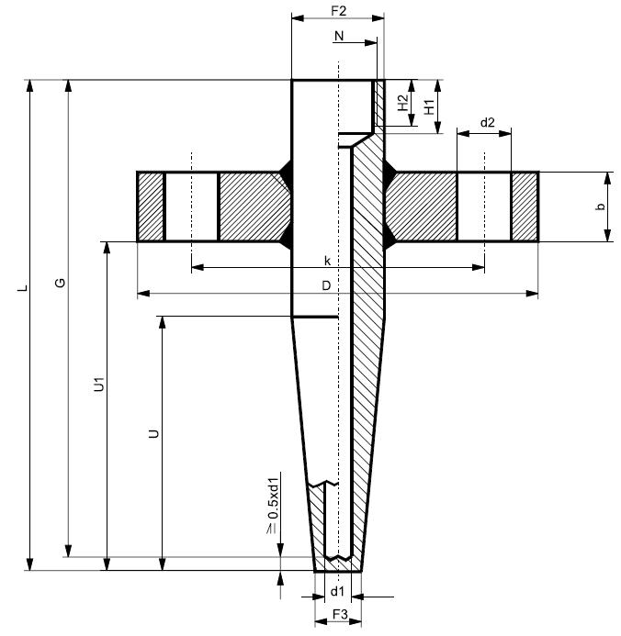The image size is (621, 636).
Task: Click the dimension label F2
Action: (337, 12)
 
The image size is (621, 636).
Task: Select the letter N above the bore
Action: (339, 36)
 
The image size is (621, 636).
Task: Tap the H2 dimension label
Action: (402, 104)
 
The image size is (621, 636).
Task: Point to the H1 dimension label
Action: (428, 104)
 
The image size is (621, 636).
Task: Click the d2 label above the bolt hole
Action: (487, 122)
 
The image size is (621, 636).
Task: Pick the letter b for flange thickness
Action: (600, 207)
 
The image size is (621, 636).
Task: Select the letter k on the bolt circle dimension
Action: (326, 262)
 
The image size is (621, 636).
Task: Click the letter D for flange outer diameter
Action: (326, 286)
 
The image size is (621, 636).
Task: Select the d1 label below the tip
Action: (337, 589)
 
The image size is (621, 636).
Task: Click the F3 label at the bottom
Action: (339, 612)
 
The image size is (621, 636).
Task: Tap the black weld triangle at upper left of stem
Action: (285, 171)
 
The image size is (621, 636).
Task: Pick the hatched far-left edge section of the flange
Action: (151, 206)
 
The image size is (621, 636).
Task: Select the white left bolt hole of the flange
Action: (191, 206)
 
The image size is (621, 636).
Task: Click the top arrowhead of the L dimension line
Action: (29, 86)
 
